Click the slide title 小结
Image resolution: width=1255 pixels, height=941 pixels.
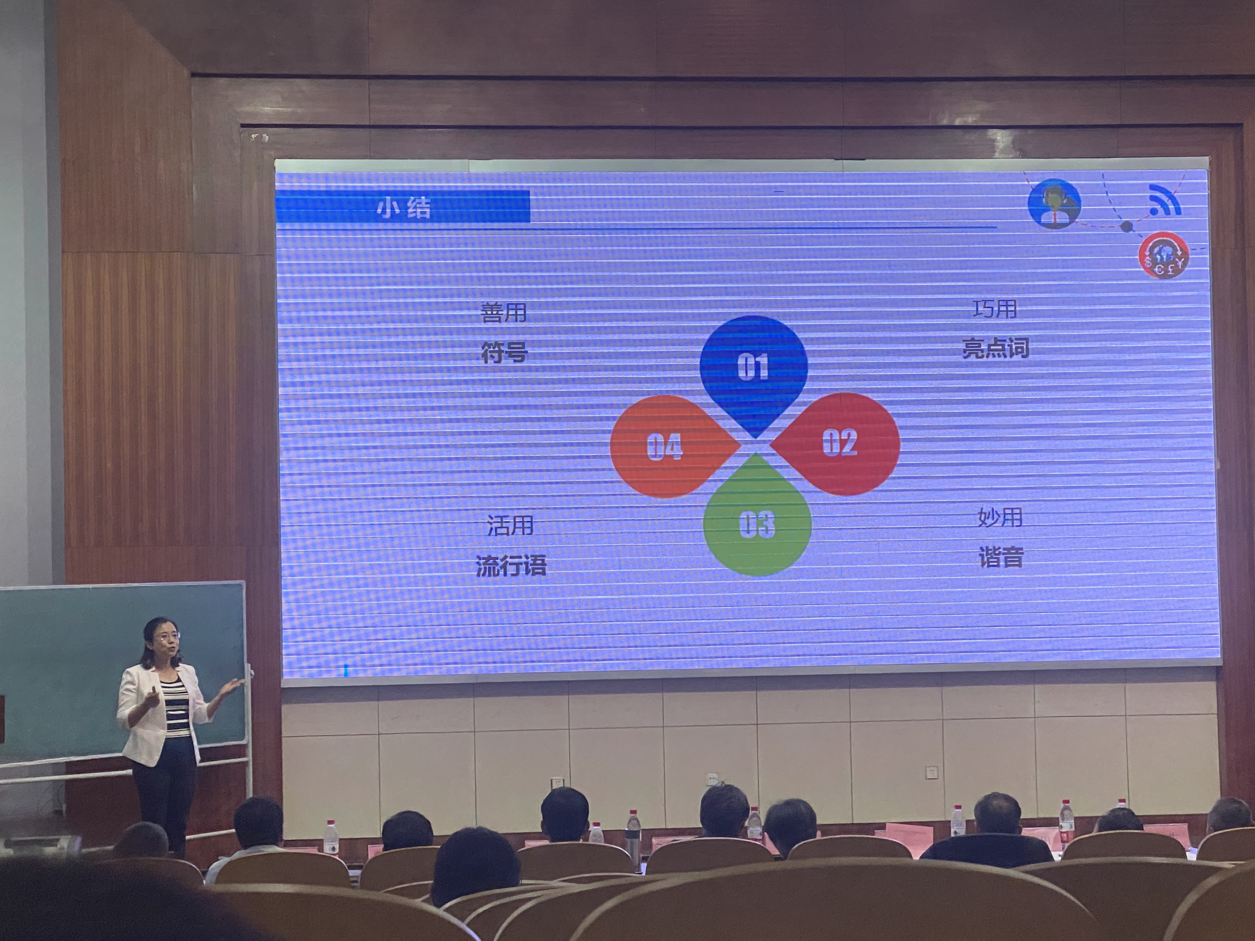(404, 208)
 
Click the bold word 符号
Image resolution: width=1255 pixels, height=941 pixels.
(504, 352)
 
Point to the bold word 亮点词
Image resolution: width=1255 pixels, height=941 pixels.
(996, 348)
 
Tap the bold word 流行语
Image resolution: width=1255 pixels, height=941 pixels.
(511, 565)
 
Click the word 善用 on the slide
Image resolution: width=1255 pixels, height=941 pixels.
(504, 312)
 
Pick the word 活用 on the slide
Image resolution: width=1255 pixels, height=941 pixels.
(510, 525)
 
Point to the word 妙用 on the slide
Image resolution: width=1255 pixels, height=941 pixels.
(1000, 517)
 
